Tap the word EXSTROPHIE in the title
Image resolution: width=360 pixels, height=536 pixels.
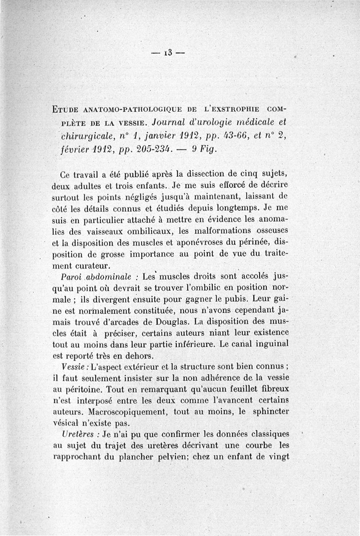[x=234, y=109]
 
